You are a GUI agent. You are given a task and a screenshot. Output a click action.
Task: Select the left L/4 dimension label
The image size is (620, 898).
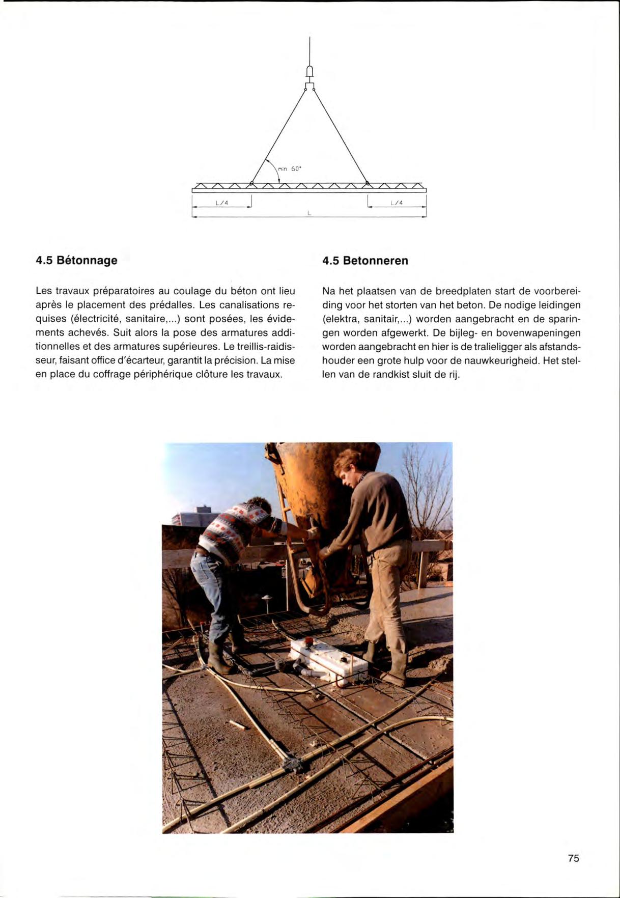pyautogui.click(x=222, y=203)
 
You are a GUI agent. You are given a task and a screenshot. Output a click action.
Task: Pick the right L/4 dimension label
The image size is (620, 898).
pyautogui.click(x=397, y=203)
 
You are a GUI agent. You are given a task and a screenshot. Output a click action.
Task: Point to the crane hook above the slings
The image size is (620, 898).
pyautogui.click(x=309, y=71)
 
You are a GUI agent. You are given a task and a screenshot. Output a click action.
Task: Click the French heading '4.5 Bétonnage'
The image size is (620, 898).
pyautogui.click(x=76, y=261)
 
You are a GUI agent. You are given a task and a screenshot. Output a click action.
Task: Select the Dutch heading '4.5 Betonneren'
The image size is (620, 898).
pyautogui.click(x=365, y=261)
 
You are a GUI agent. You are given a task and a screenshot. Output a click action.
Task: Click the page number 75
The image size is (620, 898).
pyautogui.click(x=573, y=858)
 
